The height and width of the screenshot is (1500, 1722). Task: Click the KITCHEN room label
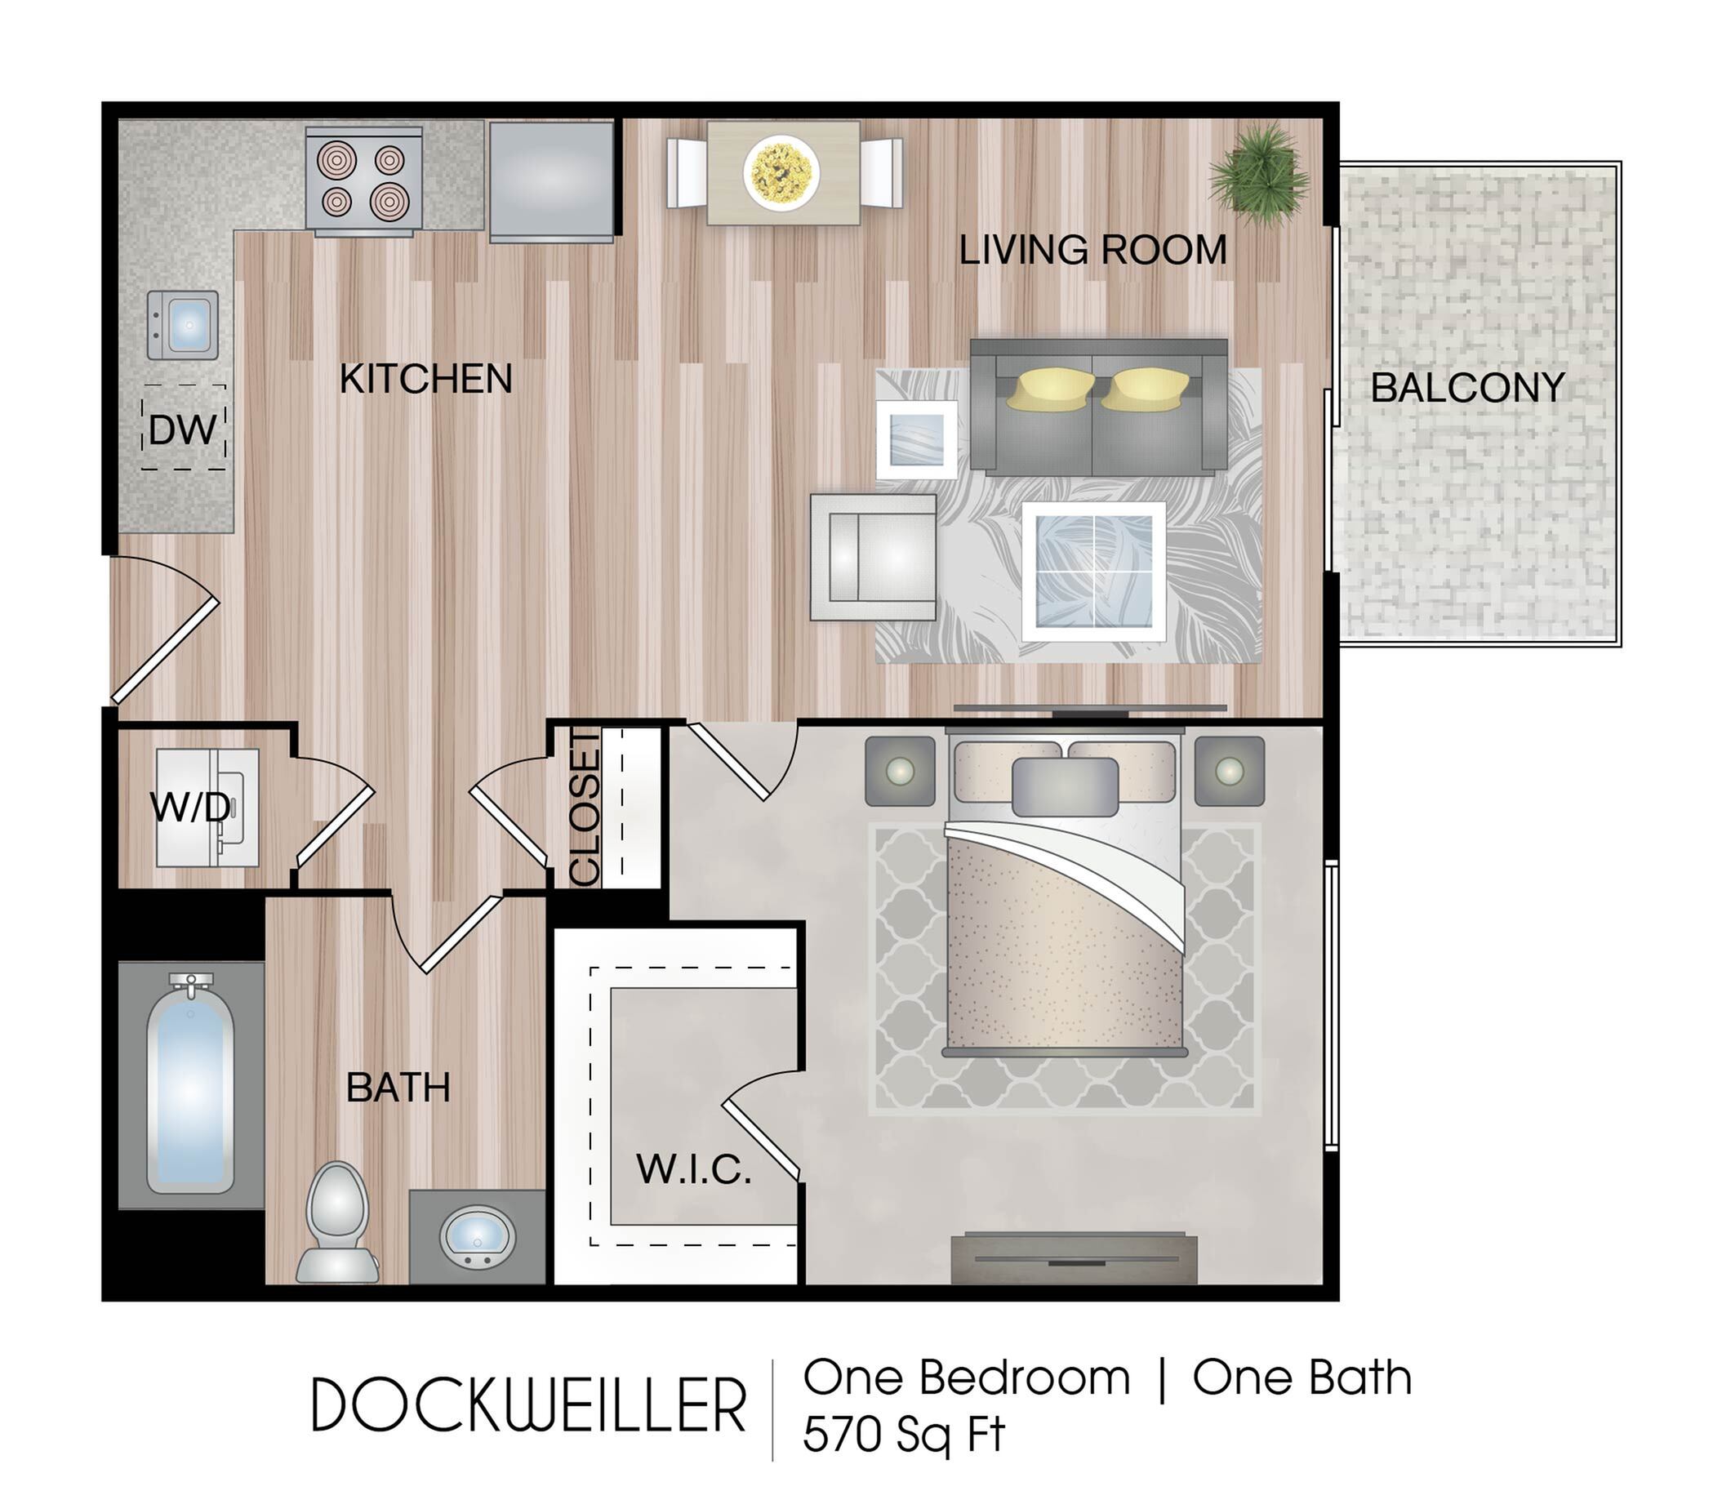pyautogui.click(x=425, y=379)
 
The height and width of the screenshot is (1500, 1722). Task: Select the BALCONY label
pyautogui.click(x=1467, y=388)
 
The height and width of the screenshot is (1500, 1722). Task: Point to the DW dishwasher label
pyautogui.click(x=183, y=430)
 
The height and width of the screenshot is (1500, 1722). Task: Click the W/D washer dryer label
pyautogui.click(x=190, y=807)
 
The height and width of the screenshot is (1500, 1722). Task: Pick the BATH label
pyautogui.click(x=398, y=1088)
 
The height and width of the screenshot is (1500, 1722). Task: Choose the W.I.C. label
pyautogui.click(x=693, y=1168)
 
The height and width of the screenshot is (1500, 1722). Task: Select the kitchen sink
pyautogui.click(x=183, y=325)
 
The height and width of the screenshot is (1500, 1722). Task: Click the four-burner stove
pyautogui.click(x=363, y=179)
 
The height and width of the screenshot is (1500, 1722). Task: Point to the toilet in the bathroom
pyautogui.click(x=337, y=1224)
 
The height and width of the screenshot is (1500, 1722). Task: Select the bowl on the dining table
pyautogui.click(x=781, y=172)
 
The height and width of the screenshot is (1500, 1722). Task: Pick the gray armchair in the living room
pyautogui.click(x=873, y=557)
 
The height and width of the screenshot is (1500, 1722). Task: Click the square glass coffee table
pyautogui.click(x=1093, y=572)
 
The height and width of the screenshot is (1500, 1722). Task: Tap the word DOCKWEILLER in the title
pyautogui.click(x=529, y=1405)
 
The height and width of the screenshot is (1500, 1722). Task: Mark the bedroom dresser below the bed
pyautogui.click(x=1074, y=1259)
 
